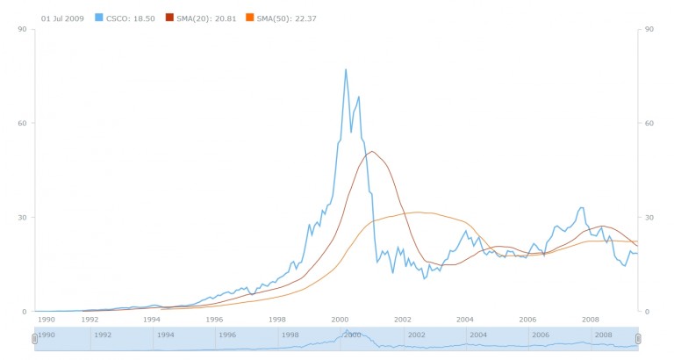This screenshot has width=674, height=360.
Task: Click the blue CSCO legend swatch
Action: click(x=98, y=18)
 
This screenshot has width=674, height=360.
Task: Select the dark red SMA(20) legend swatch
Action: click(x=170, y=18)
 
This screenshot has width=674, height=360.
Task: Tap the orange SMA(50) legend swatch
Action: click(x=249, y=18)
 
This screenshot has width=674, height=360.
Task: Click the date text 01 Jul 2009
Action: click(x=62, y=18)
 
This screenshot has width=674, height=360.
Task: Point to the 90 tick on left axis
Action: click(x=26, y=29)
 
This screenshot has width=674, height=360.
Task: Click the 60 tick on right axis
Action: click(x=650, y=123)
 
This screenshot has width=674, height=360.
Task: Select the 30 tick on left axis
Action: click(x=26, y=217)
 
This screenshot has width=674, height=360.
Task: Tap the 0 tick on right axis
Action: click(x=648, y=312)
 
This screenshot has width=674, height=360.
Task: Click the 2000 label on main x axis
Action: click(x=341, y=320)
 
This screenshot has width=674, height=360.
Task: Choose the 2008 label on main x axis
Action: click(x=591, y=320)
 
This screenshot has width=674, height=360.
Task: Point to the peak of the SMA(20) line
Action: click(x=372, y=151)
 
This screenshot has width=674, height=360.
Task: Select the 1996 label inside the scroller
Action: click(x=227, y=335)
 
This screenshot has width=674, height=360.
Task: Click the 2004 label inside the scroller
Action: click(x=478, y=335)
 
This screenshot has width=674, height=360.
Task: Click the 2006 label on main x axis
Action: click(x=527, y=320)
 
